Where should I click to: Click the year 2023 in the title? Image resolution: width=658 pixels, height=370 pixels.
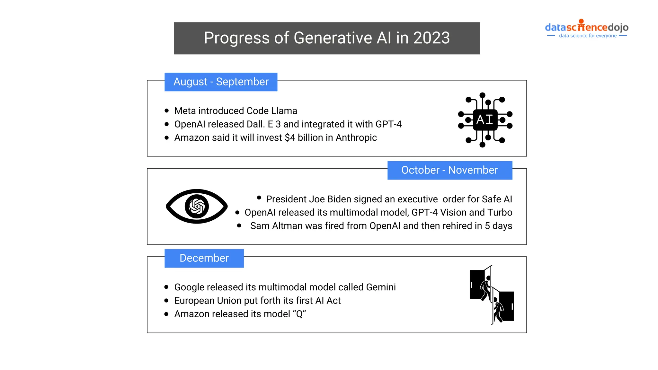[431, 38]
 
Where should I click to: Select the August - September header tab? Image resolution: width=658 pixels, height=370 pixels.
[221, 82]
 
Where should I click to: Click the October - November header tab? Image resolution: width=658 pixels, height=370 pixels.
[449, 170]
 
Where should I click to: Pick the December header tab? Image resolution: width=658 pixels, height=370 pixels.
[204, 258]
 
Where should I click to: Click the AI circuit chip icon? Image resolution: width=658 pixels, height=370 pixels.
[485, 120]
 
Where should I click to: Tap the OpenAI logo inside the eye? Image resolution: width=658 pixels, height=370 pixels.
[197, 207]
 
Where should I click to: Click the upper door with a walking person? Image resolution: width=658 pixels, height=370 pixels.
[481, 284]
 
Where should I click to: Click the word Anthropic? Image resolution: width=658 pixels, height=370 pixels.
[356, 138]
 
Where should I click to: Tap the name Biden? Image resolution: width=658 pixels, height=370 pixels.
[339, 199]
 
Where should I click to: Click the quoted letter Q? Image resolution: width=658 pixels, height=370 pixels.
[299, 314]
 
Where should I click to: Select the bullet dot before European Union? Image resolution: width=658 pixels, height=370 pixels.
[166, 301]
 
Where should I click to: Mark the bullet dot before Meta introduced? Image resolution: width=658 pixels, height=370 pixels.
[166, 111]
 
